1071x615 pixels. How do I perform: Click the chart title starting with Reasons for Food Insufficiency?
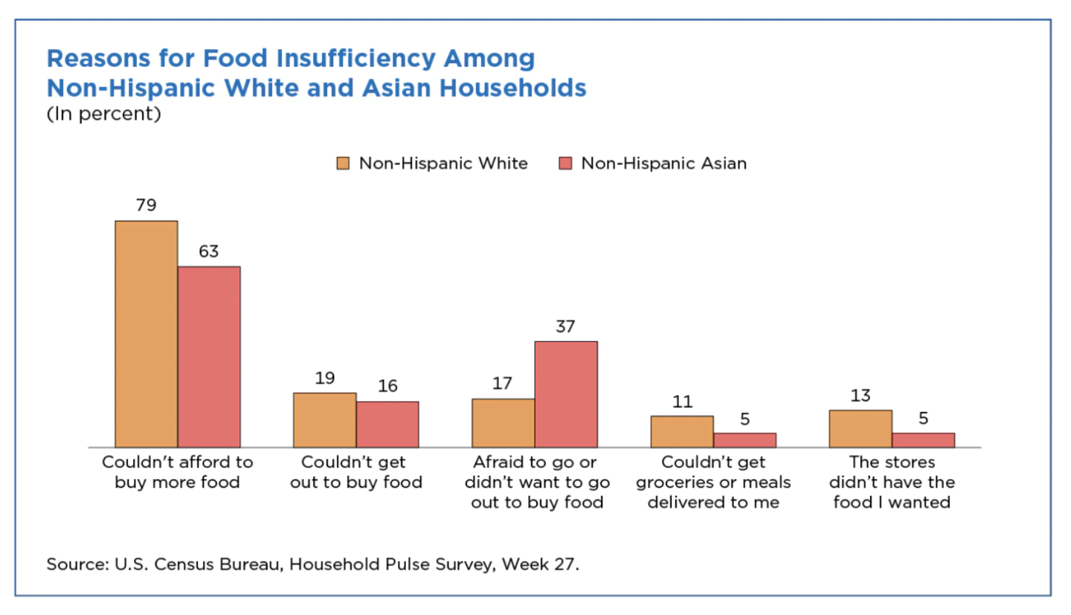point(316,73)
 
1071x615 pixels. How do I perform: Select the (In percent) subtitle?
point(103,115)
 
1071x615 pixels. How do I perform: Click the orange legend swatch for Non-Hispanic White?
point(343,164)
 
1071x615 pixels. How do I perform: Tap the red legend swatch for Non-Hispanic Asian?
point(565,164)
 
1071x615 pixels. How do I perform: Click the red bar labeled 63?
point(209,356)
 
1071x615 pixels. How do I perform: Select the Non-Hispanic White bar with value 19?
point(325,419)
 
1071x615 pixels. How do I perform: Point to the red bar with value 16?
point(387,424)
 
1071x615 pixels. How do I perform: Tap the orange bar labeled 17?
point(504,422)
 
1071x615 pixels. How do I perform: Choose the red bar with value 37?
point(566,393)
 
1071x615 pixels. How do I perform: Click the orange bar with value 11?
point(682,431)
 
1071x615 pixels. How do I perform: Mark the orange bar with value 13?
point(861,428)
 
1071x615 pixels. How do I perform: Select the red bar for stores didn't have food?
point(923,439)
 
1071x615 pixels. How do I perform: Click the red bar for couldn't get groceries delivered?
point(744,439)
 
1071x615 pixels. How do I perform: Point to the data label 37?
point(566,326)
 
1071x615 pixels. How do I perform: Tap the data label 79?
point(147,205)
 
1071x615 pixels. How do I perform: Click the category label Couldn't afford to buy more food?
point(177,472)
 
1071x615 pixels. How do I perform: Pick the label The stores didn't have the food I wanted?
point(892,482)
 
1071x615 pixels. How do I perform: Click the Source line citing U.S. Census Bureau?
point(312,564)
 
